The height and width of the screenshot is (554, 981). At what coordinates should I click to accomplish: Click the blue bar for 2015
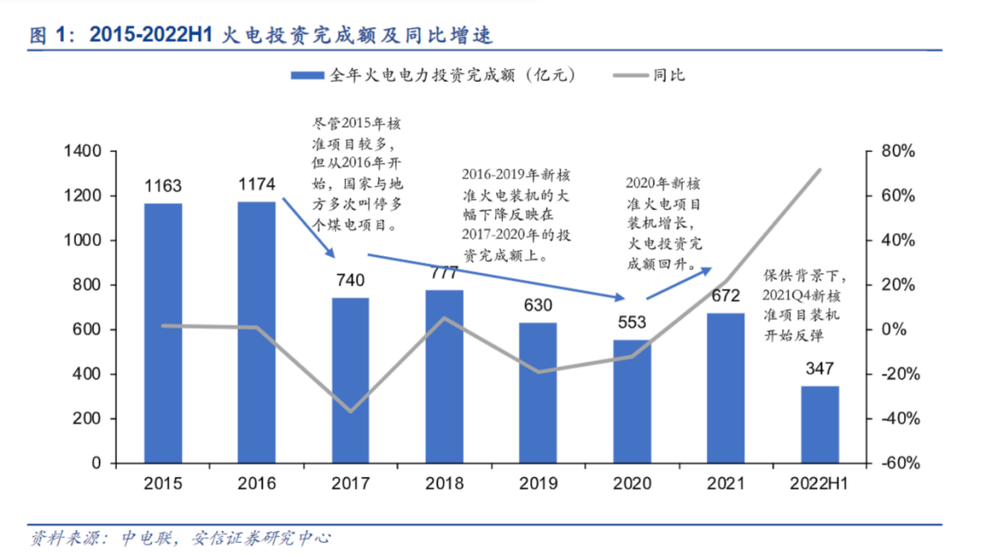coord(163,332)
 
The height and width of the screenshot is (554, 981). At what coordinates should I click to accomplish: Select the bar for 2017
coord(350,380)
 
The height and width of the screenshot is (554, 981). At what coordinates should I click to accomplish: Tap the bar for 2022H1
coord(819,424)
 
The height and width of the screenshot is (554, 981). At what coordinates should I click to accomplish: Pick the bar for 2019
coord(538,392)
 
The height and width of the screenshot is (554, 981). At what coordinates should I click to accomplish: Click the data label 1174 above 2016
coord(257,184)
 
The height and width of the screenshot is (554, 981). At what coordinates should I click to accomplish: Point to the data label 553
coord(632,322)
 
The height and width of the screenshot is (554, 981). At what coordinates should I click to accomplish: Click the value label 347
coord(819,368)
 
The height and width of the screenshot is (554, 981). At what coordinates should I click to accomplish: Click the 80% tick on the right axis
coord(896,152)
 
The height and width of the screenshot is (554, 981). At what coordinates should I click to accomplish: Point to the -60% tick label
coord(896,464)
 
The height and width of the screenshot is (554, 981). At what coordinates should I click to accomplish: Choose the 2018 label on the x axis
coord(444,484)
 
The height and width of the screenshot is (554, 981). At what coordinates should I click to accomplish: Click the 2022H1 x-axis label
coord(819,484)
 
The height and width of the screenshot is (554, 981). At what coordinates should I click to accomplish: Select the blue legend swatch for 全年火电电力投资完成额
coord(307,75)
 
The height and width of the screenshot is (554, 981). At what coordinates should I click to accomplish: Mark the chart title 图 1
coord(48,35)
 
